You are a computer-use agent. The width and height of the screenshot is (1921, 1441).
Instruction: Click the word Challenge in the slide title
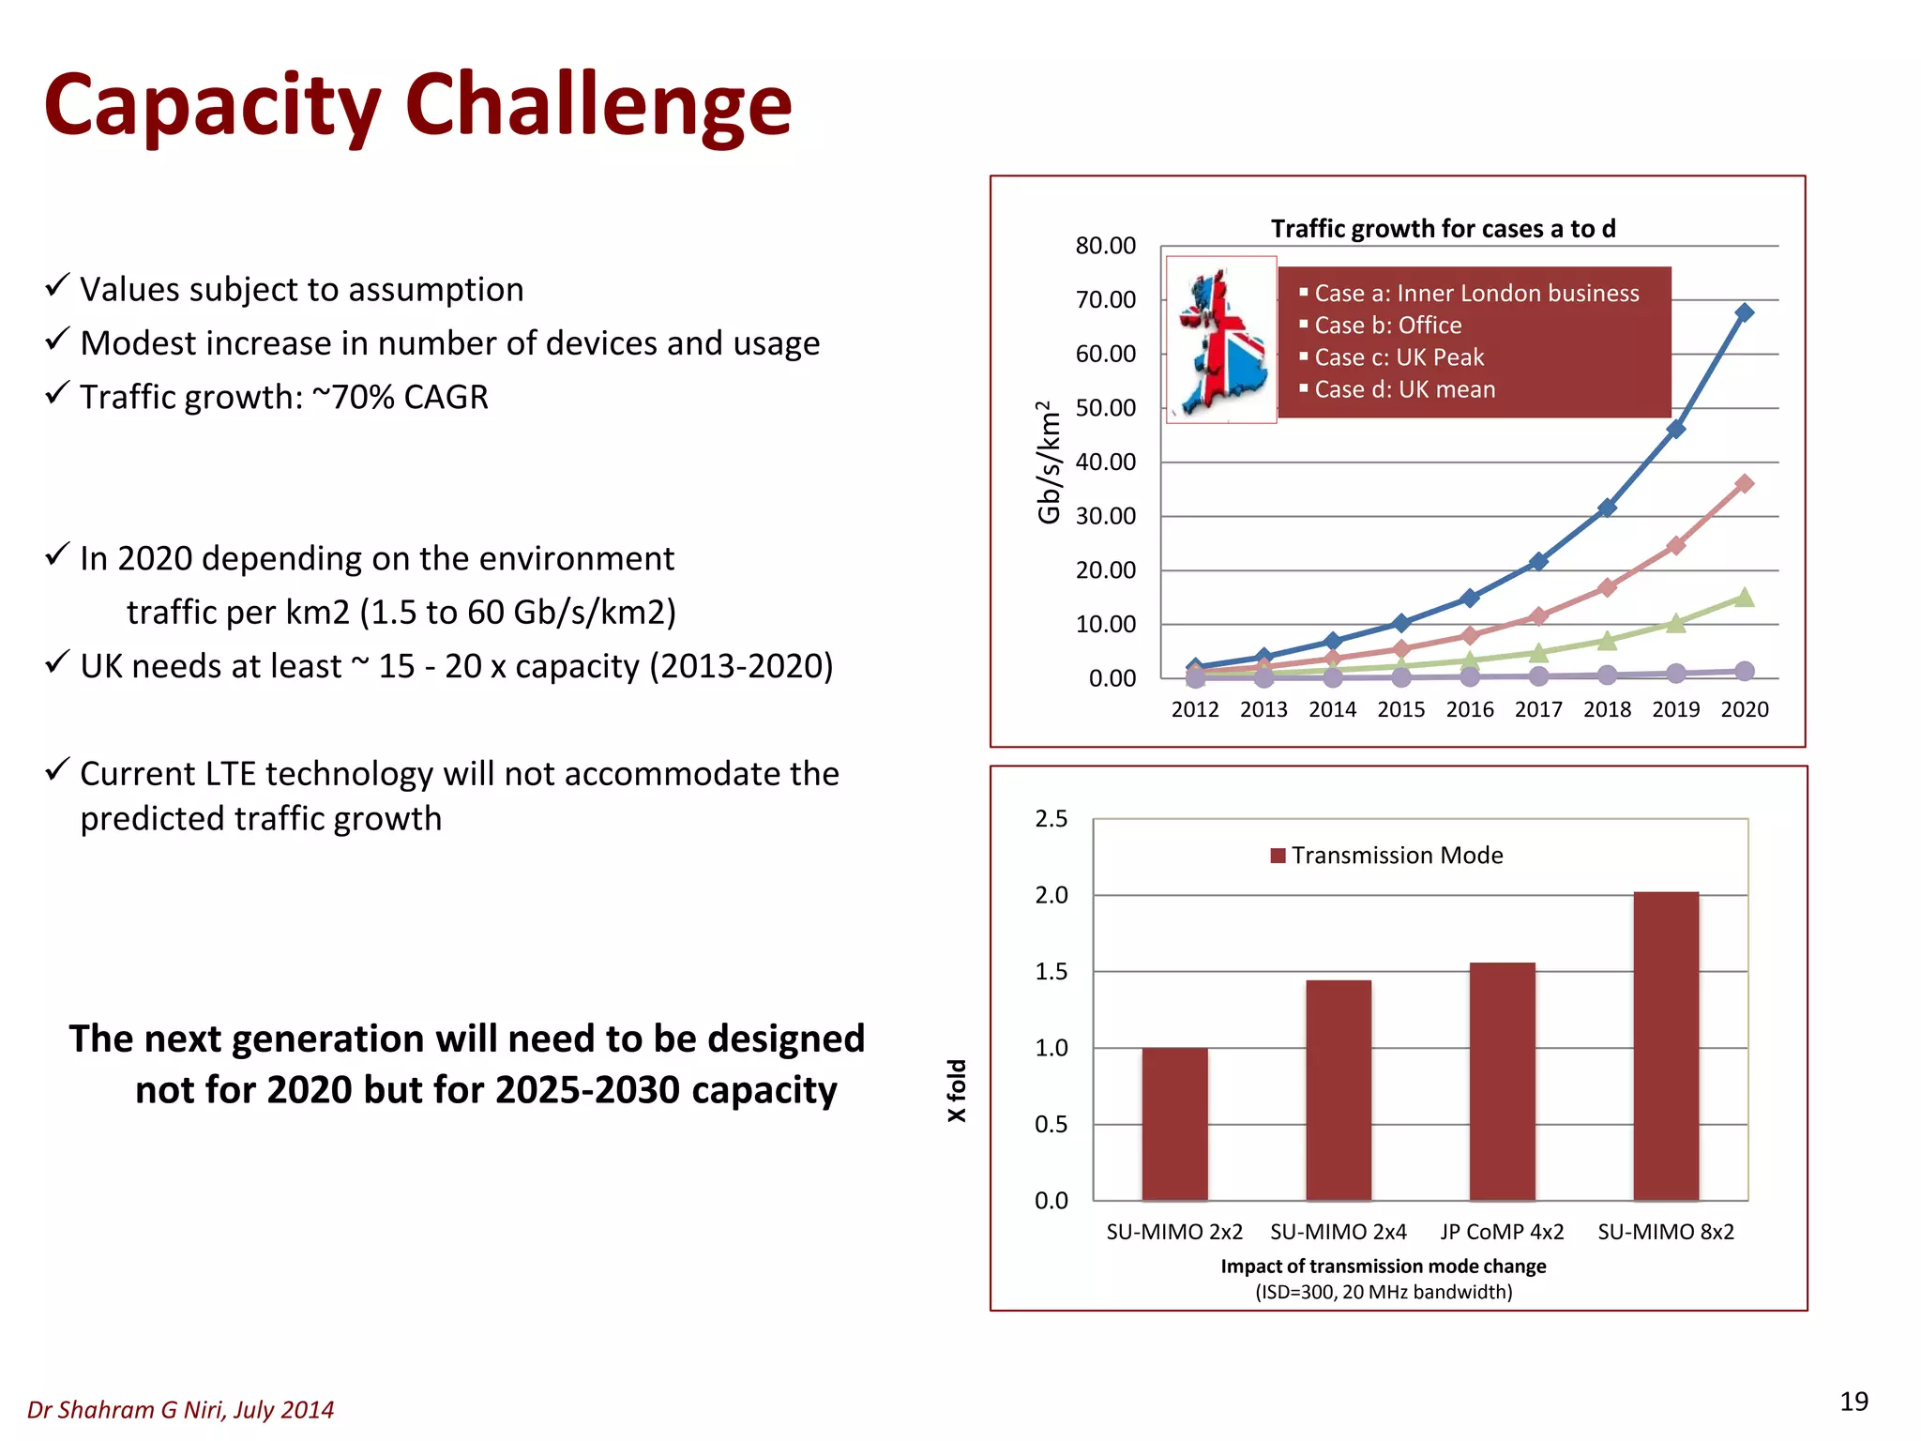tap(598, 105)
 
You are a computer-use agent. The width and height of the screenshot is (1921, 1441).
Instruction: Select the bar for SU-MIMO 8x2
tap(1666, 1046)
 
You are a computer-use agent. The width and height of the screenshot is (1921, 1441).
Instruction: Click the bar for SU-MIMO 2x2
tap(1174, 1123)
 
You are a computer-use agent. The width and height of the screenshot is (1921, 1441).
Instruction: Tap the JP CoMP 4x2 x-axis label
tap(1502, 1232)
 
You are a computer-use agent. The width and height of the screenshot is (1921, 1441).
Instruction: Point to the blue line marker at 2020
tap(1744, 312)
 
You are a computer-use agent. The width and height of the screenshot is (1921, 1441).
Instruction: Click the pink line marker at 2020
tap(1744, 484)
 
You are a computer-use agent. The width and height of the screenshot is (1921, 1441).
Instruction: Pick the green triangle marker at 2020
tap(1744, 598)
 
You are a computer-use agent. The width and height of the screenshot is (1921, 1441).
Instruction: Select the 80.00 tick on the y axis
tap(1105, 246)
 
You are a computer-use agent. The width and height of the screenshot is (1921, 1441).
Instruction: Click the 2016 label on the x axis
tap(1470, 709)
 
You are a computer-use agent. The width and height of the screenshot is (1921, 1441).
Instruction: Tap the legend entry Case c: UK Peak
tap(1399, 357)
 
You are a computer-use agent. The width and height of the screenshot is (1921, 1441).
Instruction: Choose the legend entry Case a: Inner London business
tap(1475, 294)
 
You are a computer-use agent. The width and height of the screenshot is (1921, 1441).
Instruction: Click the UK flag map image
tap(1221, 340)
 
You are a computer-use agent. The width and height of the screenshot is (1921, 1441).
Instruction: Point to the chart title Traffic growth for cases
tap(1443, 229)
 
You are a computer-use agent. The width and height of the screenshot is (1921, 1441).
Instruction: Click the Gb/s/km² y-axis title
tap(1049, 462)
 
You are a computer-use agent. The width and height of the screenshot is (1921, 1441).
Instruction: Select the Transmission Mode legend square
tap(1278, 856)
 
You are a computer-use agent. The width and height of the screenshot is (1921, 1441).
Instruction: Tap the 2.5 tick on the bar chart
tap(1051, 819)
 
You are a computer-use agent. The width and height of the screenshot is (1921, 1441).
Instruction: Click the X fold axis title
tap(956, 1090)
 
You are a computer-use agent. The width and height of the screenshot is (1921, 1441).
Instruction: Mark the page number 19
tap(1853, 1402)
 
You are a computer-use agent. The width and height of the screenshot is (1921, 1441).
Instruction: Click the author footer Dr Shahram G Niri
tap(180, 1409)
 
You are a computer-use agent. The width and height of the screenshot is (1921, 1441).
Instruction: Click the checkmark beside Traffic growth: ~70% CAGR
tap(57, 392)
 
